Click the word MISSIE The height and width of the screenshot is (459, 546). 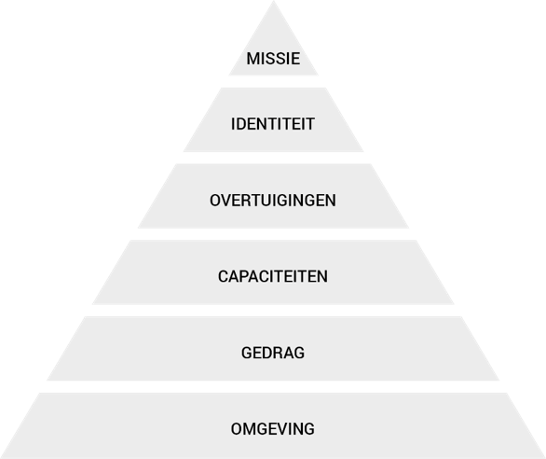[x=273, y=59]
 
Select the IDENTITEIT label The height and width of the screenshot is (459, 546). [x=273, y=124]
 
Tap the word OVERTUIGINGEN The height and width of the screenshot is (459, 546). [x=273, y=201]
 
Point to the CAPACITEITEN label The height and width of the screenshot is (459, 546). [x=273, y=276]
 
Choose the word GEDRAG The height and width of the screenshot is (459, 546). [x=273, y=353]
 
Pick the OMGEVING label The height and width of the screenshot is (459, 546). [x=273, y=429]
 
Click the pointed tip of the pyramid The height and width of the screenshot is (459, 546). [x=273, y=1]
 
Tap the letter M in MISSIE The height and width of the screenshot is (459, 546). [x=253, y=59]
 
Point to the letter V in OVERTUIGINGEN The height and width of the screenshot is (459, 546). [x=226, y=201]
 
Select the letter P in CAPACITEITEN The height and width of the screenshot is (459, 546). [x=244, y=276]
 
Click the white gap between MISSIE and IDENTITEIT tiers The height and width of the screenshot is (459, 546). [x=273, y=81]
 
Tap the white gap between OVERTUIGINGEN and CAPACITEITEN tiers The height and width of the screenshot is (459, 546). [x=273, y=234]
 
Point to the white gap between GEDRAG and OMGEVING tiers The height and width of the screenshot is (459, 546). [x=273, y=387]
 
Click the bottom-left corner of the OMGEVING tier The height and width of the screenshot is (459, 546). [x=1, y=458]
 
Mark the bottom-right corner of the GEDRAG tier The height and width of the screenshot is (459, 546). [x=499, y=381]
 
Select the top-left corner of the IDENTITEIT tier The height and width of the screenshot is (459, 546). [x=222, y=88]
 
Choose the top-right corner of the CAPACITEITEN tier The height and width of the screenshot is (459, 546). [x=416, y=241]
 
